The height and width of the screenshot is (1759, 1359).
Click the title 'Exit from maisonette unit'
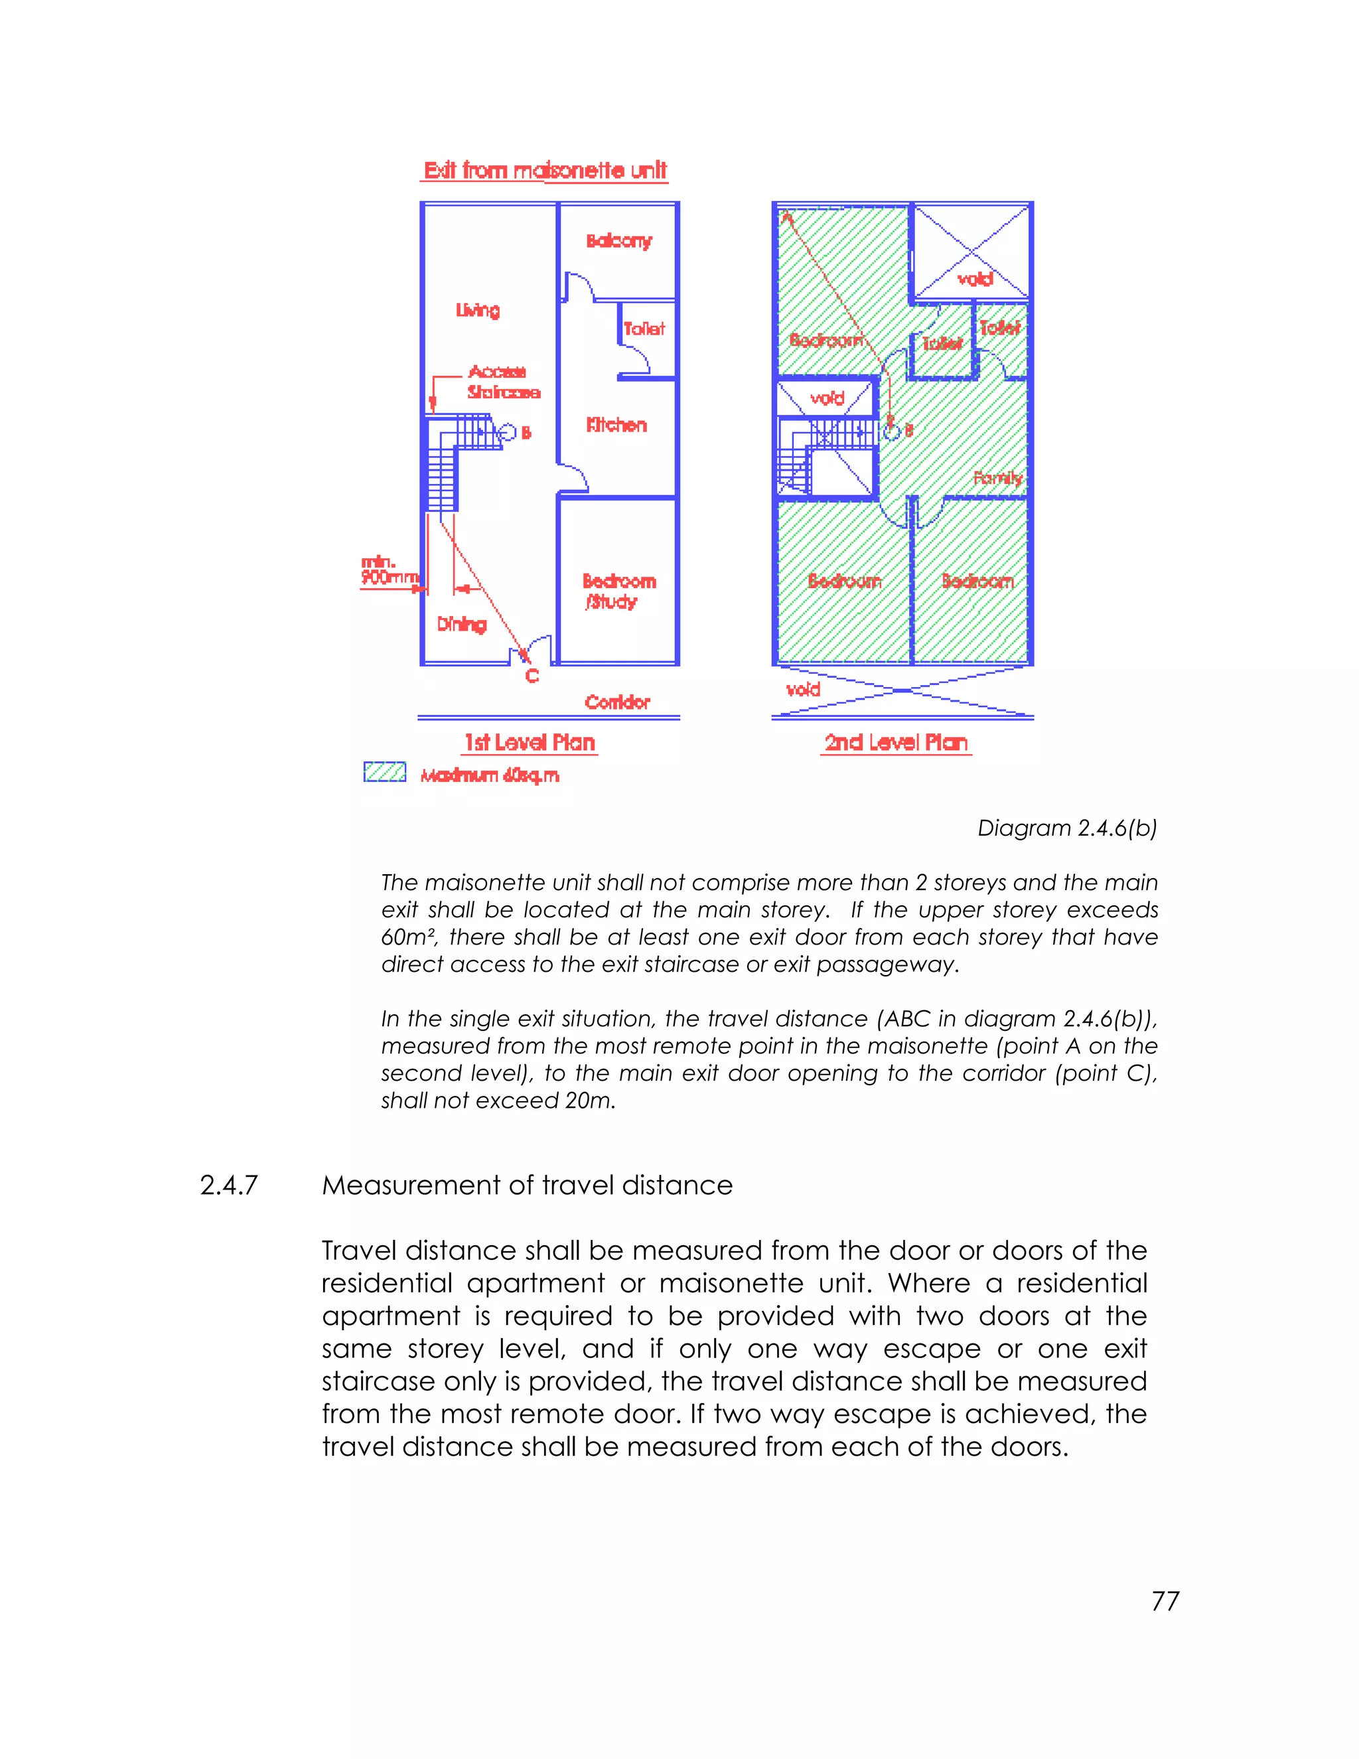[545, 171]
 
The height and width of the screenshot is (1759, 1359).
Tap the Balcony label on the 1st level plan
[618, 241]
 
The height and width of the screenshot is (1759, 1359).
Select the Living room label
[477, 310]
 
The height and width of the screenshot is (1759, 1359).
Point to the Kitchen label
[616, 425]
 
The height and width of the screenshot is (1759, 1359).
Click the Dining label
[461, 624]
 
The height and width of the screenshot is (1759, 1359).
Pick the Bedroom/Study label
[618, 591]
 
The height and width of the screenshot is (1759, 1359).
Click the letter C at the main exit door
[532, 676]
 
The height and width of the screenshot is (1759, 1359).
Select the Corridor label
[616, 702]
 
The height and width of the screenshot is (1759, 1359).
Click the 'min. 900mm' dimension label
[388, 570]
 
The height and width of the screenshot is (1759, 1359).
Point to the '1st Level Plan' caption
[529, 743]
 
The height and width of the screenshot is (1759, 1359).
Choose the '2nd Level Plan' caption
[896, 743]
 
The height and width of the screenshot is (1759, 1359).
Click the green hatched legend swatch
[385, 773]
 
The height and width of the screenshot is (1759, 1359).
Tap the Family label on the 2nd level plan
[997, 479]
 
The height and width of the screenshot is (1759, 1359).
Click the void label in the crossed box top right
[974, 279]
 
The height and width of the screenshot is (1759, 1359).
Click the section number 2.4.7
[229, 1185]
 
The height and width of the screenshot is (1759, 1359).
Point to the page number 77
[1165, 1601]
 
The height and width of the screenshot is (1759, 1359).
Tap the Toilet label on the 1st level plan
[644, 329]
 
